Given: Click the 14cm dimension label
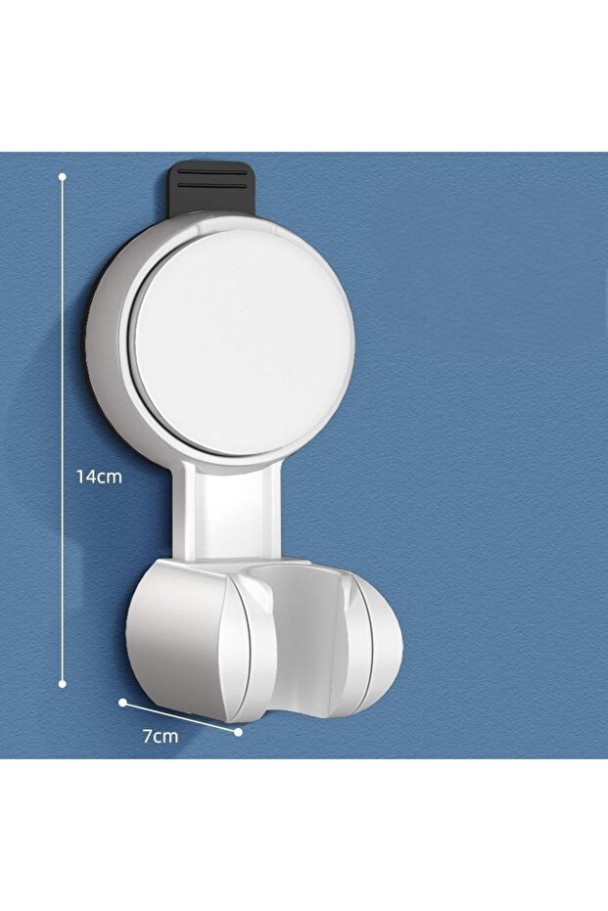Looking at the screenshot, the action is (x=99, y=477).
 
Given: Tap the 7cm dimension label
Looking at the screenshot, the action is (x=161, y=736).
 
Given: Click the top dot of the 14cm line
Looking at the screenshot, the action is (x=63, y=175).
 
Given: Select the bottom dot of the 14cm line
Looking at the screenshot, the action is (x=63, y=684).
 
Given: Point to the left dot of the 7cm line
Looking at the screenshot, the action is (x=122, y=702).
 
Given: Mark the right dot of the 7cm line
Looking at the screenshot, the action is (x=238, y=732).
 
